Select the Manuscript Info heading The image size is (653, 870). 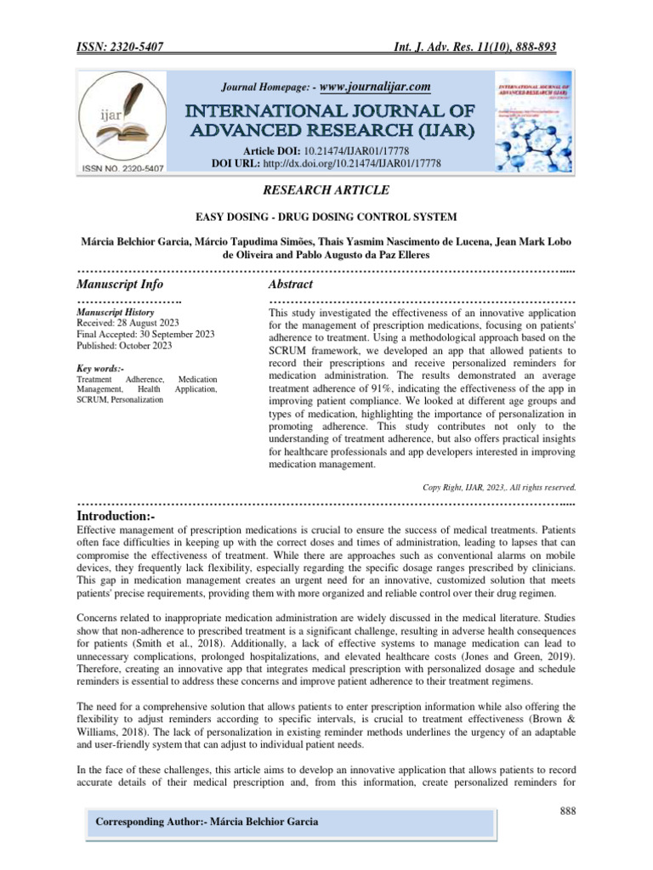(x=120, y=284)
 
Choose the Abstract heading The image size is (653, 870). (x=291, y=284)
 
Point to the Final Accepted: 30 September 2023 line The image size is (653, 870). (x=145, y=335)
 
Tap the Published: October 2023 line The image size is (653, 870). (x=124, y=346)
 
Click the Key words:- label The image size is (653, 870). (x=100, y=368)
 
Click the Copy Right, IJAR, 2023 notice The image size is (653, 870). (x=499, y=488)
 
